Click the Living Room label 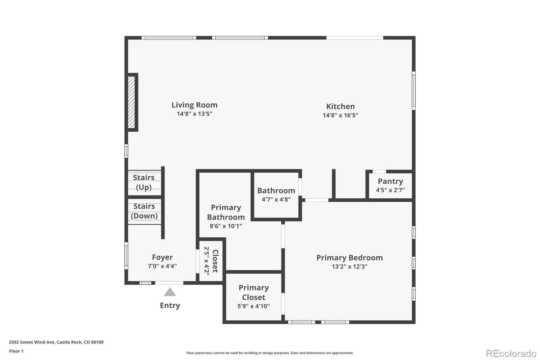(x=194, y=105)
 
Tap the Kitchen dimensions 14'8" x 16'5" (x=340, y=115)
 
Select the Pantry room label (x=390, y=181)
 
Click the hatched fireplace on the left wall (x=132, y=102)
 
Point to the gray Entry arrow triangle (x=170, y=292)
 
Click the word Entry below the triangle (x=170, y=305)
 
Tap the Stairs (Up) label (x=144, y=182)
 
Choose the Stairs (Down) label (x=144, y=211)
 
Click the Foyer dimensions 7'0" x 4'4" (x=162, y=266)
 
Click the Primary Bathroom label (x=226, y=212)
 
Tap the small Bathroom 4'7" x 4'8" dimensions (x=276, y=199)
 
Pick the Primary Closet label (x=253, y=292)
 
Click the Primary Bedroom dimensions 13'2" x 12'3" (x=349, y=266)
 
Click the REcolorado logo (x=511, y=353)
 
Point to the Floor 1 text (x=16, y=351)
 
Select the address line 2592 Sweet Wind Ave (x=56, y=342)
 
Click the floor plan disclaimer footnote (x=270, y=353)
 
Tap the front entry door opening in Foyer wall (x=169, y=283)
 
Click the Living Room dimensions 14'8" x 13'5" (x=194, y=114)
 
